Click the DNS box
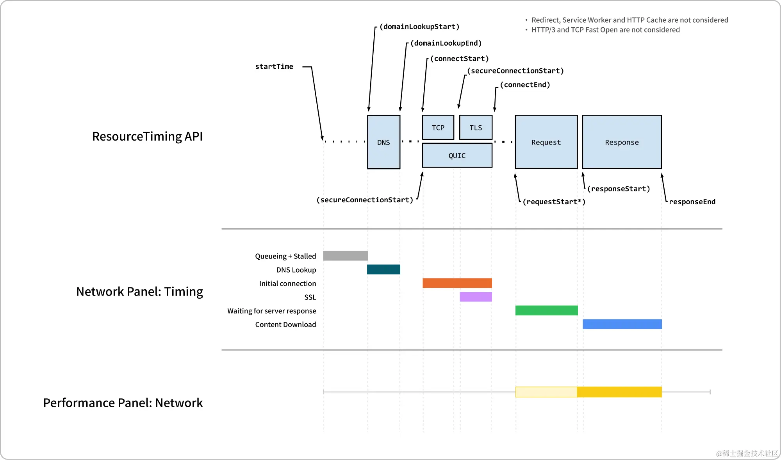point(383,142)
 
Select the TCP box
point(438,128)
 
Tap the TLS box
point(476,128)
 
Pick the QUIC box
point(457,155)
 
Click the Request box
point(546,142)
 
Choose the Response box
point(622,142)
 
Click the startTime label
point(274,66)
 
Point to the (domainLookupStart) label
point(419,27)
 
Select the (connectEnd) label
point(525,85)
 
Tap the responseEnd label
point(692,202)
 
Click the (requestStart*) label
point(554,202)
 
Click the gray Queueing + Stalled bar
point(345,256)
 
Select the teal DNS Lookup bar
point(383,269)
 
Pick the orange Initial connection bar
point(457,283)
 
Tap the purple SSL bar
point(476,297)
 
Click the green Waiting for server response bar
point(546,310)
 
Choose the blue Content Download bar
point(622,324)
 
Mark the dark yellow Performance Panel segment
point(619,392)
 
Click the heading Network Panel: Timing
point(139,292)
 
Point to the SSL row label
point(310,297)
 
